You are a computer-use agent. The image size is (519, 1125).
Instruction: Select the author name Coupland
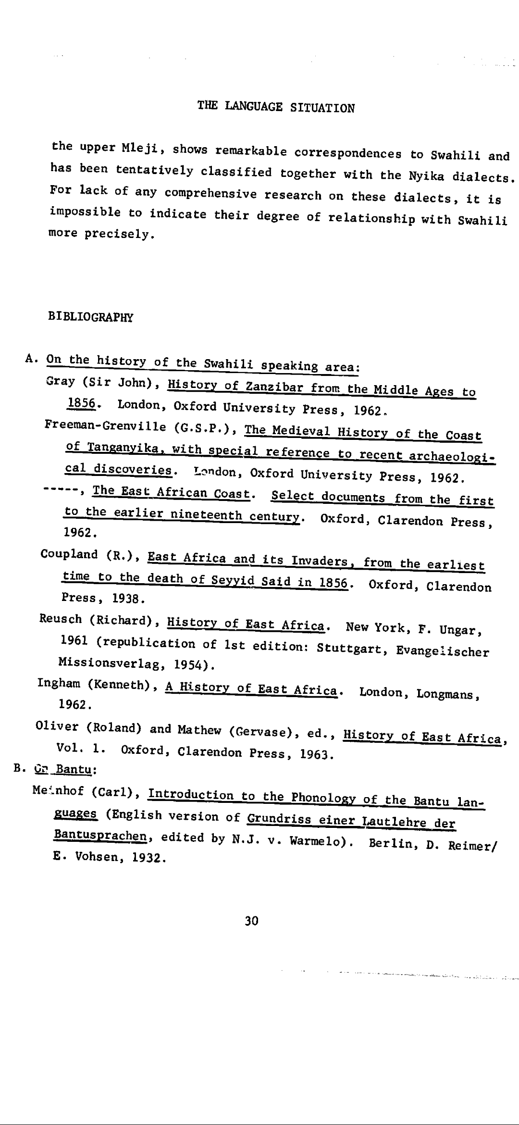tap(69, 554)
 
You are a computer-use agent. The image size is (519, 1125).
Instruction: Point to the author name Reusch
tap(61, 619)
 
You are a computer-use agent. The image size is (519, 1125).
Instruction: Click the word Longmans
tap(446, 694)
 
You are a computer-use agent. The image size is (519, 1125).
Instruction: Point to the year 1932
tap(143, 857)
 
